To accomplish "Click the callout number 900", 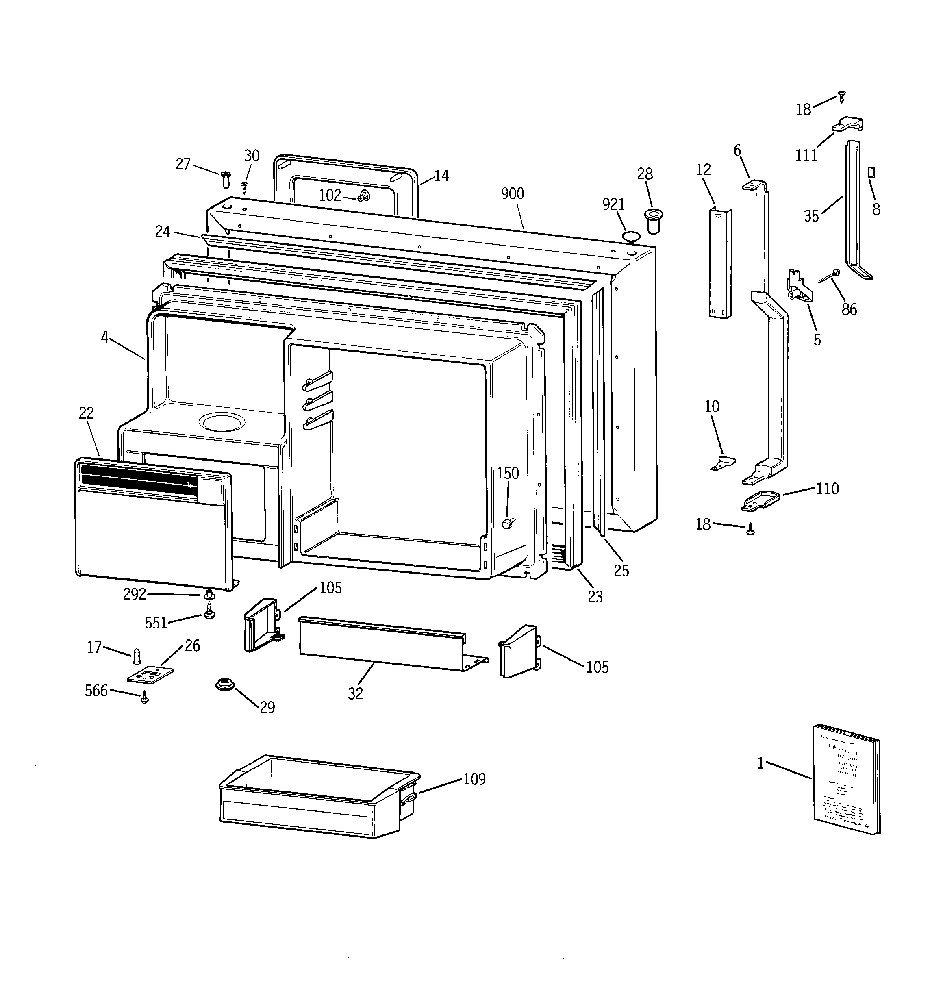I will click(x=512, y=194).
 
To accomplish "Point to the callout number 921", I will click(x=613, y=204).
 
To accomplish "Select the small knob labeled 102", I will click(x=363, y=196).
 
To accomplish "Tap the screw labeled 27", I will click(x=226, y=178).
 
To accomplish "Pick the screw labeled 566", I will click(x=145, y=698).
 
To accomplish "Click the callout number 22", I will click(x=86, y=413).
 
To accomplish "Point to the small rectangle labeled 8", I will click(x=871, y=173).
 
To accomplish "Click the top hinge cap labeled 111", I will click(x=848, y=124).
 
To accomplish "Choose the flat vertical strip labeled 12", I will click(x=719, y=263).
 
